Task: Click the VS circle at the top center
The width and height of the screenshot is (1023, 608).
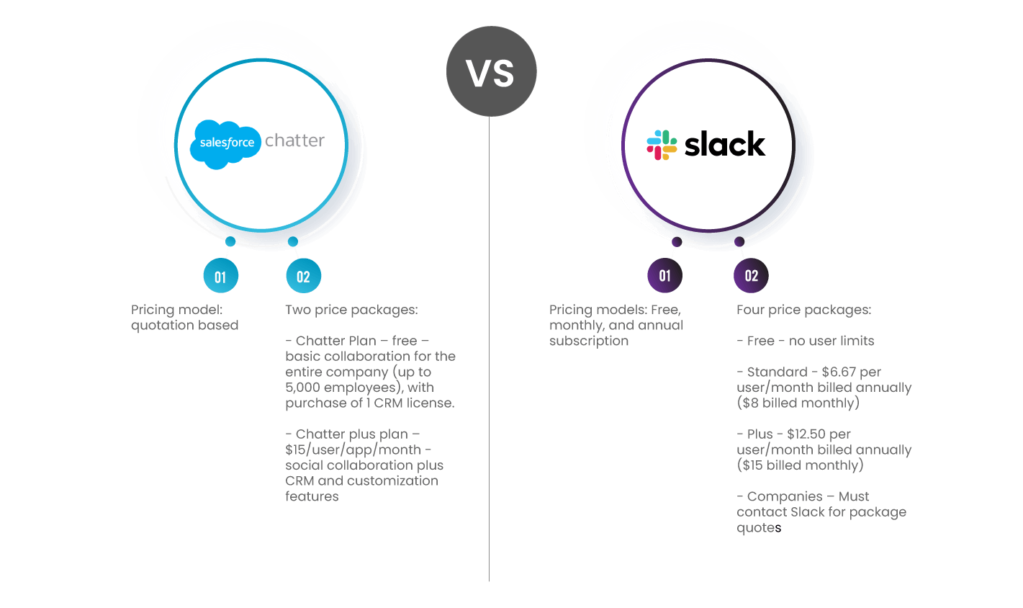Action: click(x=491, y=71)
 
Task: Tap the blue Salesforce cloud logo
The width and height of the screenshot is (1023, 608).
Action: click(x=225, y=144)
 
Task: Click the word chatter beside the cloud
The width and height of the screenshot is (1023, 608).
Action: click(x=294, y=140)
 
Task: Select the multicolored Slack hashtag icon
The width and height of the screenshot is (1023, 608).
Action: click(x=662, y=145)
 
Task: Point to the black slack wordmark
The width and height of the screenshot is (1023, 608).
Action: click(x=724, y=145)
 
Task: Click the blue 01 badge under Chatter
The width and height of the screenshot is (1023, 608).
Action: click(x=220, y=277)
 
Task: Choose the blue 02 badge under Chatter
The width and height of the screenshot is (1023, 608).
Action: click(x=303, y=277)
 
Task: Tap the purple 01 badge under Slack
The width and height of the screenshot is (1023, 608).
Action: click(x=664, y=276)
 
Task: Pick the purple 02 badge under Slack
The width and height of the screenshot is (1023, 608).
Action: click(x=751, y=276)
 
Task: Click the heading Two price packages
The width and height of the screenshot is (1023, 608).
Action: click(x=351, y=310)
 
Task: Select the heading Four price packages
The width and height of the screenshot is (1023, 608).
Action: click(x=803, y=310)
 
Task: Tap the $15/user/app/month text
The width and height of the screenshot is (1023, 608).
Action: click(x=353, y=450)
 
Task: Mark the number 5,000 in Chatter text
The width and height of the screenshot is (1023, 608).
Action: click(x=302, y=388)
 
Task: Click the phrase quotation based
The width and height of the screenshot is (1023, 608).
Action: click(x=184, y=326)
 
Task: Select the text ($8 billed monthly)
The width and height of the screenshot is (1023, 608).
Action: click(x=798, y=403)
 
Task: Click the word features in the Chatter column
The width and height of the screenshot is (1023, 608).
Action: click(x=312, y=496)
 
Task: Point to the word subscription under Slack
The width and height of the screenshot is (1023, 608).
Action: click(x=588, y=341)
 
